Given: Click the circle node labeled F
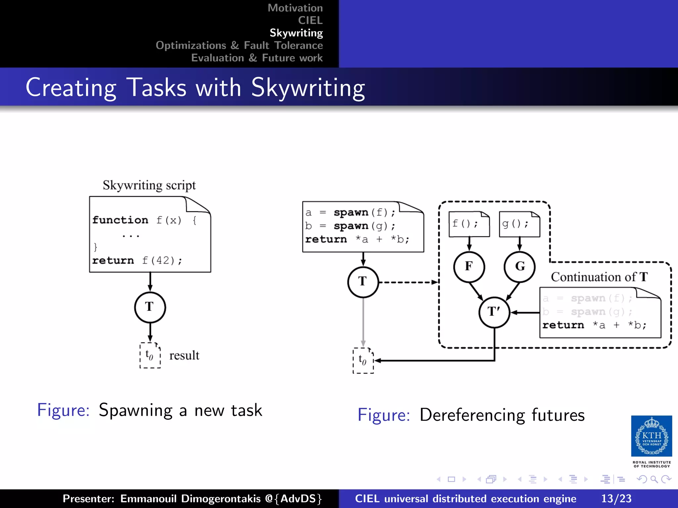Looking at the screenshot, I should click(469, 267).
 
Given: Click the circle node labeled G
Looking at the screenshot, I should click(519, 267).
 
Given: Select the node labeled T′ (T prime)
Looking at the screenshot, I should click(494, 312).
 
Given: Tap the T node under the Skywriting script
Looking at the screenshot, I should click(150, 307).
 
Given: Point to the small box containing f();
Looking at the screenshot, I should click(469, 224).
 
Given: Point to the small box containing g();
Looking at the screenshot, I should click(519, 224).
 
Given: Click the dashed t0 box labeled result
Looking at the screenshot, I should click(150, 356).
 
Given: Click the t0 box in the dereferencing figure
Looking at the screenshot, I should click(363, 360).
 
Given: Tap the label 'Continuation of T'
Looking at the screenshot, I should click(599, 277).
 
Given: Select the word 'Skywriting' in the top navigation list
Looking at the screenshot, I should click(296, 33).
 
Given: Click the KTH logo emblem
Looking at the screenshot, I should click(651, 436).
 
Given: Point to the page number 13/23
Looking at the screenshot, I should click(616, 498).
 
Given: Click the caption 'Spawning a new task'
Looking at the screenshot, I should click(180, 410).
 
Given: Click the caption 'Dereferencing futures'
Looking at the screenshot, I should click(502, 415).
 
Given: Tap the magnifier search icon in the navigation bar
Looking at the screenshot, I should click(654, 479).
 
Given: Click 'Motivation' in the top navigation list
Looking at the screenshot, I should click(295, 8).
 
